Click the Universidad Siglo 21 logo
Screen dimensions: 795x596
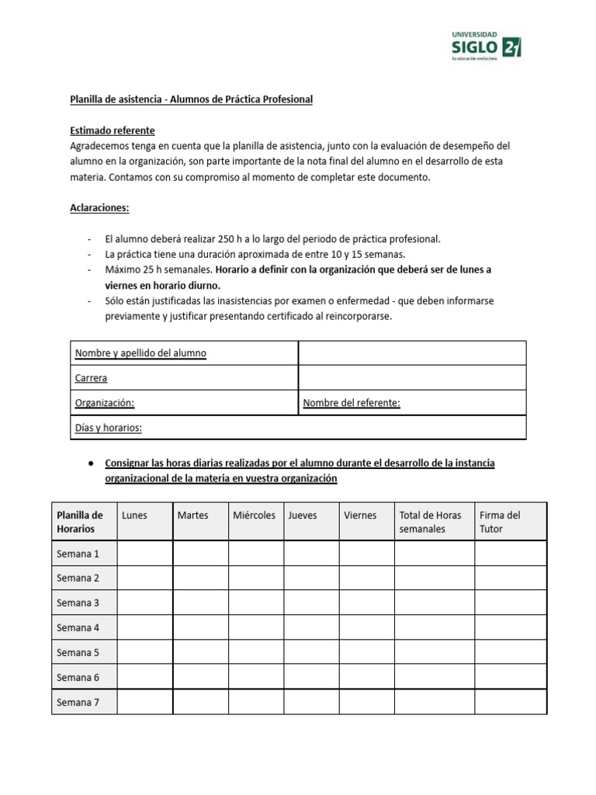click(486, 48)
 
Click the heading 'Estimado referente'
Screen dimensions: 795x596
click(113, 130)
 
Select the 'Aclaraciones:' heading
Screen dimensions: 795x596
click(99, 208)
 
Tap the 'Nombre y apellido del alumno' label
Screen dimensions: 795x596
click(140, 353)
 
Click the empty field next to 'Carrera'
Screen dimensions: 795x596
click(412, 378)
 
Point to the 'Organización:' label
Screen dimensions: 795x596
click(105, 403)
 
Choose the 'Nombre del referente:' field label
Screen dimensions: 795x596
click(352, 403)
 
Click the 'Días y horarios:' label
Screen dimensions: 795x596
click(108, 428)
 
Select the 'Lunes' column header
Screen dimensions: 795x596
click(134, 516)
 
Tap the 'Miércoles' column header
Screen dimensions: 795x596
click(254, 516)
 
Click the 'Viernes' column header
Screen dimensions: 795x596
click(360, 516)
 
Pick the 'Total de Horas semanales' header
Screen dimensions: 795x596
click(430, 522)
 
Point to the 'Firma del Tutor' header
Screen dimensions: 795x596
click(500, 522)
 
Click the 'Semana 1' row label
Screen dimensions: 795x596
click(78, 554)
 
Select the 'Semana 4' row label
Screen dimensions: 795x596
click(78, 628)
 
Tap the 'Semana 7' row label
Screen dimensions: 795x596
click(78, 702)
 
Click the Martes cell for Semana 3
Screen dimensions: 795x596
click(200, 603)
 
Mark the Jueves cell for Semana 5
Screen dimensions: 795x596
click(311, 653)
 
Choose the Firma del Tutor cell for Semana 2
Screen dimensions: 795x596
click(510, 578)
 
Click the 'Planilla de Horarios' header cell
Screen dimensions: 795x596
click(80, 522)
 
